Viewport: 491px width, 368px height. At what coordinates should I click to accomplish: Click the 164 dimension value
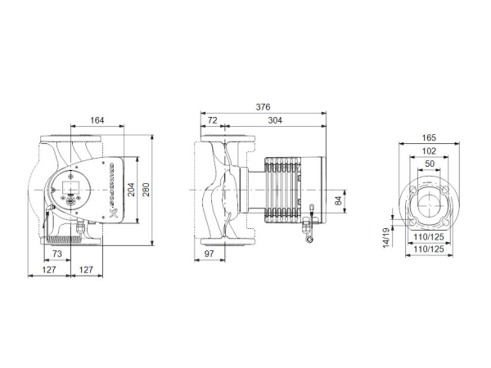pyautogui.click(x=97, y=121)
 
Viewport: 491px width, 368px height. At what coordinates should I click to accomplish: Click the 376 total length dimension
pyautogui.click(x=264, y=106)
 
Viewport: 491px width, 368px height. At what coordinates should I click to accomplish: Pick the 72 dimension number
pyautogui.click(x=212, y=120)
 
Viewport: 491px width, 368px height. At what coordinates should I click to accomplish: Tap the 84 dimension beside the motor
pyautogui.click(x=338, y=201)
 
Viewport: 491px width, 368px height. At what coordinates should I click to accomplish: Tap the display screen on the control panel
pyautogui.click(x=68, y=192)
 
